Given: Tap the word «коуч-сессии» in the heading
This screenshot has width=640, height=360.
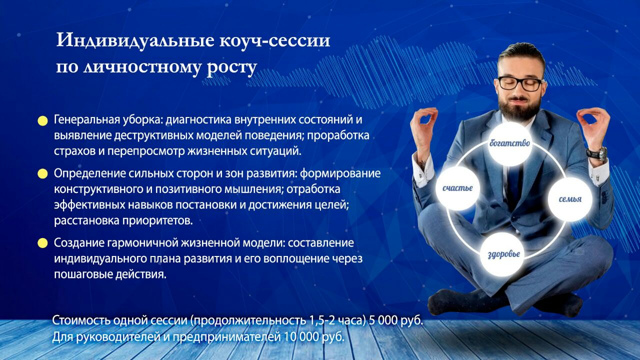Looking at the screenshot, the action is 275,40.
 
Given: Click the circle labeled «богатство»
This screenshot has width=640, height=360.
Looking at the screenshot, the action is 509,143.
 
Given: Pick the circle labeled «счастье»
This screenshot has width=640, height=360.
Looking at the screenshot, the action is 457,188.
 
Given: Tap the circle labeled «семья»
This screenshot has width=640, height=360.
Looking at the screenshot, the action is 570,199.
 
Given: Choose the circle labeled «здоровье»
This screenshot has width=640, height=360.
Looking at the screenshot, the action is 503,254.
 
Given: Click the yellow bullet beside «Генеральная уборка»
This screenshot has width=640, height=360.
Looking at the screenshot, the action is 42,121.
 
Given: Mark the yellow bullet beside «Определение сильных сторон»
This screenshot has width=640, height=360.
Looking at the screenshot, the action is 42,173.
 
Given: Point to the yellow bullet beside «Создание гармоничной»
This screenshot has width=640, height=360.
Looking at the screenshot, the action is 42,243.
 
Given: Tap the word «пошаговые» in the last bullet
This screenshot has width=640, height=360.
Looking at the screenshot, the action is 82,275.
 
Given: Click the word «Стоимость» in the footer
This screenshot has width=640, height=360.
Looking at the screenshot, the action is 81,320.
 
